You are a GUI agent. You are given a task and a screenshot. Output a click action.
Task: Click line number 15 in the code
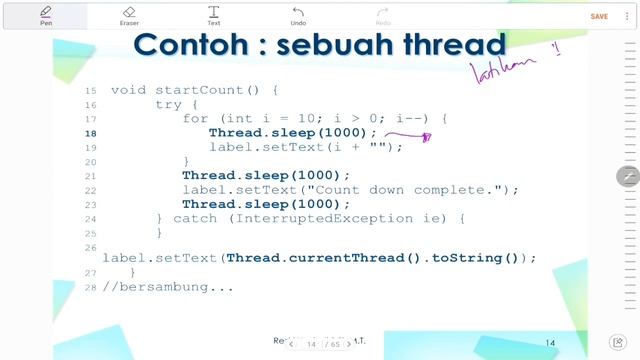coord(92,90)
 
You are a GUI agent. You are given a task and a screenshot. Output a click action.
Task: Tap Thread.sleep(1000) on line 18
coord(293,133)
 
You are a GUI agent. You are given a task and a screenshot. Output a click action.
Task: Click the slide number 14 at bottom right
coord(550,342)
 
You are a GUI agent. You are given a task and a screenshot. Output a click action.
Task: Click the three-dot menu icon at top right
coord(626,16)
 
